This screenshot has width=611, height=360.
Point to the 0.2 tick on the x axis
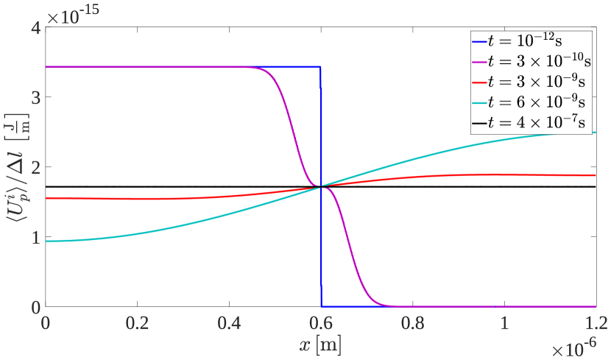coord(137,322)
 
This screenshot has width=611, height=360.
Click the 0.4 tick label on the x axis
coord(229,322)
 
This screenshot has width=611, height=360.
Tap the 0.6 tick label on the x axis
coord(321,322)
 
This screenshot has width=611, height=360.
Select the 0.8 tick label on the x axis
coord(413,322)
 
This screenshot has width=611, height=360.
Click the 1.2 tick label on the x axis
coord(596,322)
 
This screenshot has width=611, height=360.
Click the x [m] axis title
coord(320,344)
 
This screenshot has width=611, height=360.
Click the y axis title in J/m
coord(13,167)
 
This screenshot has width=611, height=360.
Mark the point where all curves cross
coord(321,186)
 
